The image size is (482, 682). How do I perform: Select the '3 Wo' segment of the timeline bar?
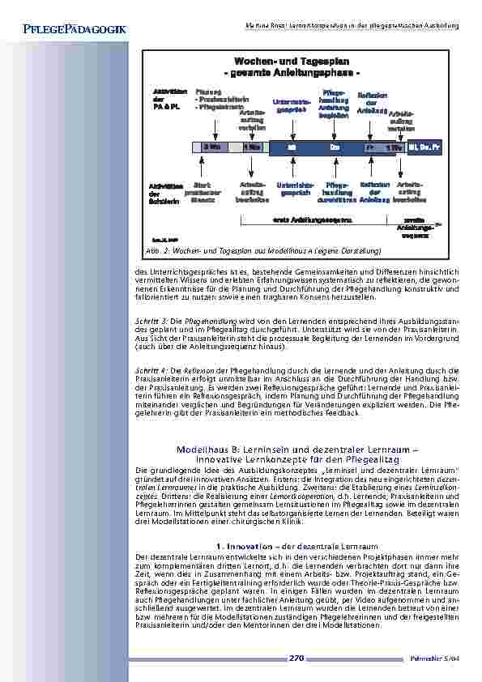pos(211,147)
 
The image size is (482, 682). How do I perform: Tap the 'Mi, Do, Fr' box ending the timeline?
pos(424,147)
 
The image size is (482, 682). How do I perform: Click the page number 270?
pos(296,659)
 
